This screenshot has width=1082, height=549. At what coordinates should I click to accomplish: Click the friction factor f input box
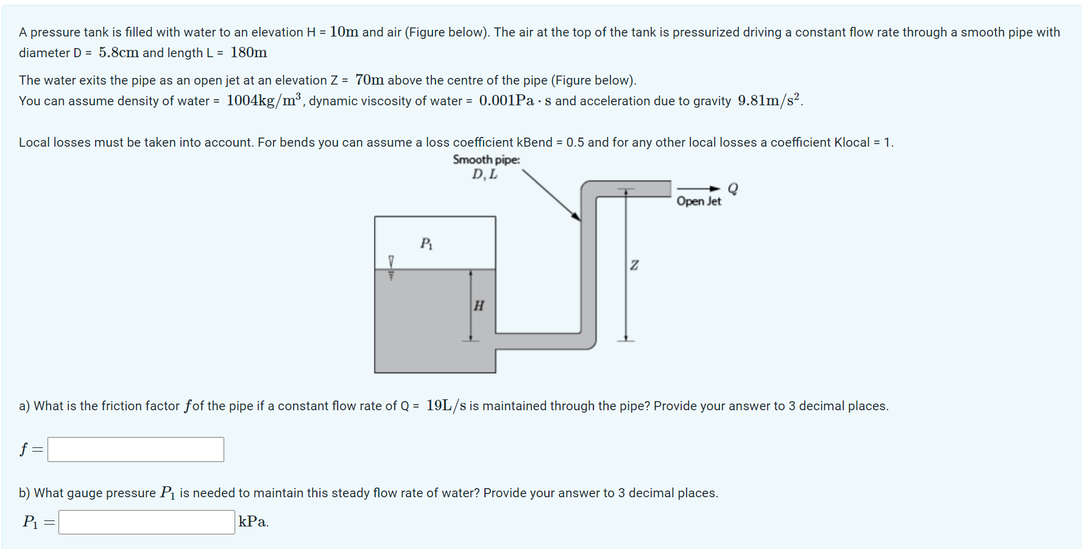tap(135, 449)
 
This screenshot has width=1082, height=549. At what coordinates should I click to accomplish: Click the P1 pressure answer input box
tap(146, 522)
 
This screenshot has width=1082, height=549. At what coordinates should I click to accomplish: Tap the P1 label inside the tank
tap(426, 243)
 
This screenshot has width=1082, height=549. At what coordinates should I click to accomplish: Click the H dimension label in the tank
tap(479, 306)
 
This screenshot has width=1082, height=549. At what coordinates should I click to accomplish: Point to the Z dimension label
tap(634, 265)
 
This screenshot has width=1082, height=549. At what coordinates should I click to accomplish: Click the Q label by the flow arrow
tap(733, 189)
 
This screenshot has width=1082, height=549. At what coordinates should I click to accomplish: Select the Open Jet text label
tap(698, 201)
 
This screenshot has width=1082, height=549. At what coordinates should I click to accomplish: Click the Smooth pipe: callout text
tap(486, 159)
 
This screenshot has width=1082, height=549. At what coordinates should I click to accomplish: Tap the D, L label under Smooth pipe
tap(484, 175)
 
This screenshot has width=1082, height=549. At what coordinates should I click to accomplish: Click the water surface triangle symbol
tap(391, 261)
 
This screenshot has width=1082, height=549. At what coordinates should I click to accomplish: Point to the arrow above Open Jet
tap(698, 189)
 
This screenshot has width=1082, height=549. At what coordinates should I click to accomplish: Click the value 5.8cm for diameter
tap(119, 53)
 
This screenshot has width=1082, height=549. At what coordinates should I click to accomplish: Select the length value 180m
tap(249, 53)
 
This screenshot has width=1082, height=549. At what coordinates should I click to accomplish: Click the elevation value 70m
tap(369, 80)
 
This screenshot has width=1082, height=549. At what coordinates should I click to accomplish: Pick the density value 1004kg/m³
tap(264, 100)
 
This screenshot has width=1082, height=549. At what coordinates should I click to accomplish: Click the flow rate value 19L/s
tap(446, 405)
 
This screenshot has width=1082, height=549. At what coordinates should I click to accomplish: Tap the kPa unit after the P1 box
tap(253, 522)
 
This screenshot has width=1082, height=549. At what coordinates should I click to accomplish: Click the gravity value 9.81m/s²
tap(769, 100)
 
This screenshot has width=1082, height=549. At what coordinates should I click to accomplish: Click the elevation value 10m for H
tap(344, 32)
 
